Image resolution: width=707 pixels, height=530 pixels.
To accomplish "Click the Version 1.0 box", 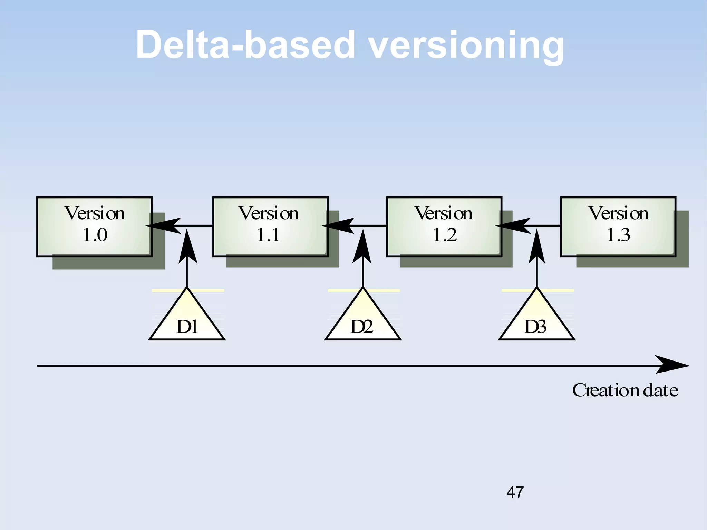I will [x=94, y=227].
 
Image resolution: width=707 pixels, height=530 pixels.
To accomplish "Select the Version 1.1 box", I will [x=270, y=227].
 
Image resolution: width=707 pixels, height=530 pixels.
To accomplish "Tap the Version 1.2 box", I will [x=444, y=227].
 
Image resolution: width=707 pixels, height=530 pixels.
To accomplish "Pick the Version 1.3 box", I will [x=618, y=227].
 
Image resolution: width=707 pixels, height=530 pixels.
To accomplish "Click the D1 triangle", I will [x=187, y=321].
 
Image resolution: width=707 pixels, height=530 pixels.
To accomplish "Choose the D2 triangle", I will [x=363, y=321].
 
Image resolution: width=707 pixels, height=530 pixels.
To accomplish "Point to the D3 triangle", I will [x=536, y=321].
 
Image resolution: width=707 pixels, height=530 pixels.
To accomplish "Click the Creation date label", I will [x=625, y=390].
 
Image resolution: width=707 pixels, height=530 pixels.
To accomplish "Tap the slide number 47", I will [x=515, y=492].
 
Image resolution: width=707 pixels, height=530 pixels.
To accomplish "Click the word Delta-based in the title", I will [x=245, y=45].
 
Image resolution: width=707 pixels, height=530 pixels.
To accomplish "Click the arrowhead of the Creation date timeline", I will [x=671, y=365].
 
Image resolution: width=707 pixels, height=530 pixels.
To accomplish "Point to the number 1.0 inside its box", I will [x=95, y=235].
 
